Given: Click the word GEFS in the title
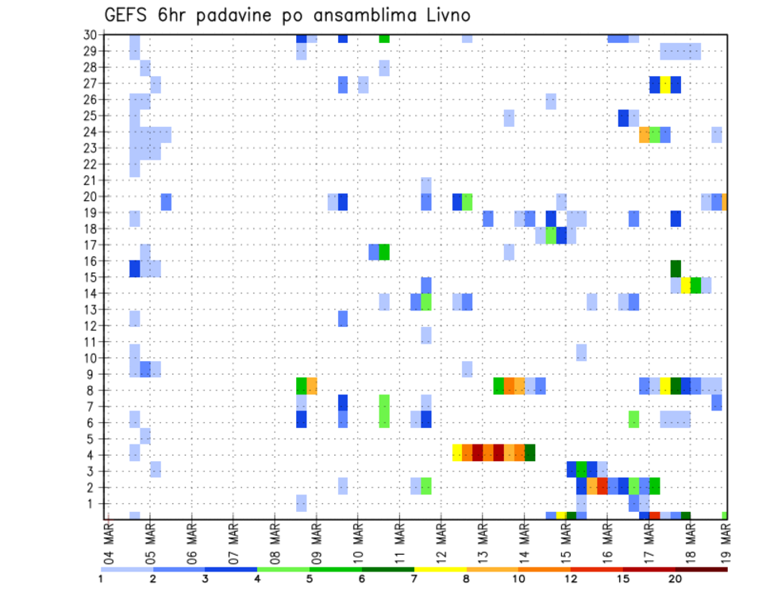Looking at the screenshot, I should coord(129,16).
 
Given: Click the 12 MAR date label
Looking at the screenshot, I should coord(441,541).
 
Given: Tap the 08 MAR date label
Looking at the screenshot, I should coord(275,541).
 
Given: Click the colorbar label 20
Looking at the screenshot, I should coord(675,579).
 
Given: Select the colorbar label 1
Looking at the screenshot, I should coord(101,579).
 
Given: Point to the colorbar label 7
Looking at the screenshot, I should coord(414,579).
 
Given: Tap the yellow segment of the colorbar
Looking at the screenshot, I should coord(441,568).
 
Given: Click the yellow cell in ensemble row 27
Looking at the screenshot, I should coord(665,84).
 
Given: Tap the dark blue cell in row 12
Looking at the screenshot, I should coord(343,318).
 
